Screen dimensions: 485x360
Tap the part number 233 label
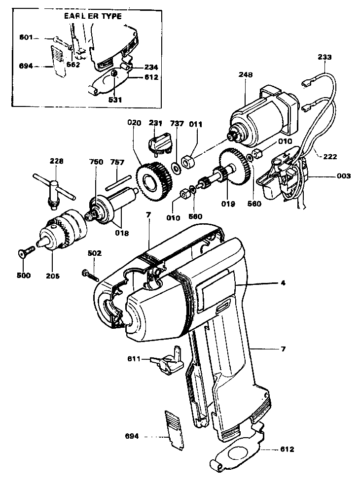click(x=324, y=57)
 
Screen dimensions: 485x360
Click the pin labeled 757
click(x=116, y=178)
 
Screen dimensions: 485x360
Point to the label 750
click(x=96, y=162)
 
